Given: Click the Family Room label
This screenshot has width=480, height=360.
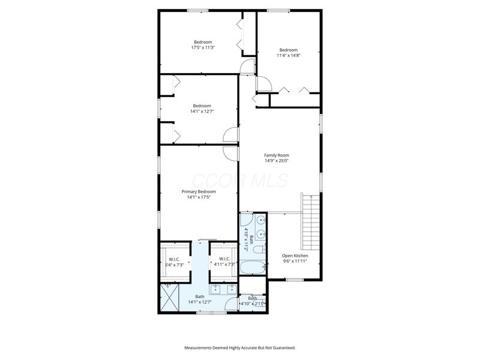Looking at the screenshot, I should (x=277, y=155).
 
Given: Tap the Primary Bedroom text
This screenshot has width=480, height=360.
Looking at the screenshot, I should (x=199, y=191).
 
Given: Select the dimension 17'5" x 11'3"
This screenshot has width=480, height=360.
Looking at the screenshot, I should (x=203, y=47).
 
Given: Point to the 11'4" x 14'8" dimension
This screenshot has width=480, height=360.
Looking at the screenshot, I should (x=288, y=55).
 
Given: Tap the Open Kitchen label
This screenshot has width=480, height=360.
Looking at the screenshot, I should (x=295, y=256).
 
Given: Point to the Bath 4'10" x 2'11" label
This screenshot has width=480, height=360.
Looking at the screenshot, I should (x=253, y=301).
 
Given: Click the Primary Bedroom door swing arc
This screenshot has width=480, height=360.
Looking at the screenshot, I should (x=228, y=152).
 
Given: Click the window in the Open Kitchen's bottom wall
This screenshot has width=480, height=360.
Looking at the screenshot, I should (x=295, y=280).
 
